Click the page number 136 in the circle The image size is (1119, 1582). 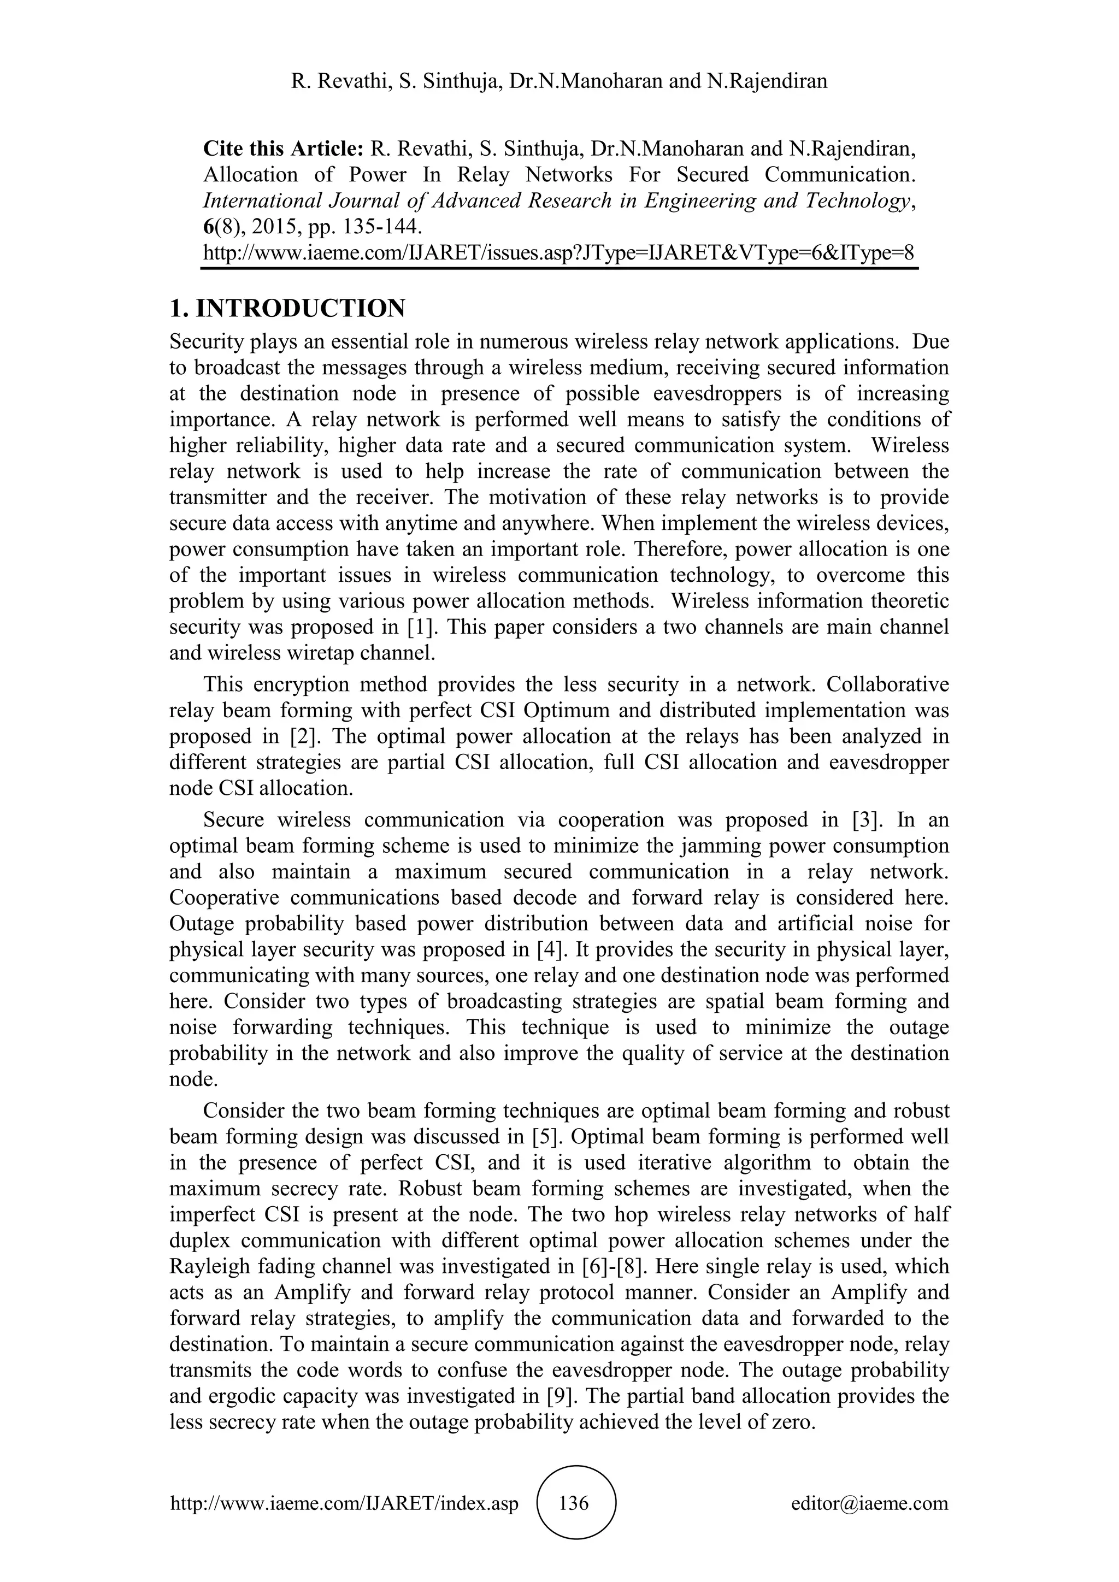575,1503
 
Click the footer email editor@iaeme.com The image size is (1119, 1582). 869,1503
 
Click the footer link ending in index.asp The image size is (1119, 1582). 344,1503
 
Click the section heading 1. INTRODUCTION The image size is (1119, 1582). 287,308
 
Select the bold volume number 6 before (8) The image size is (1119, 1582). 208,227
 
